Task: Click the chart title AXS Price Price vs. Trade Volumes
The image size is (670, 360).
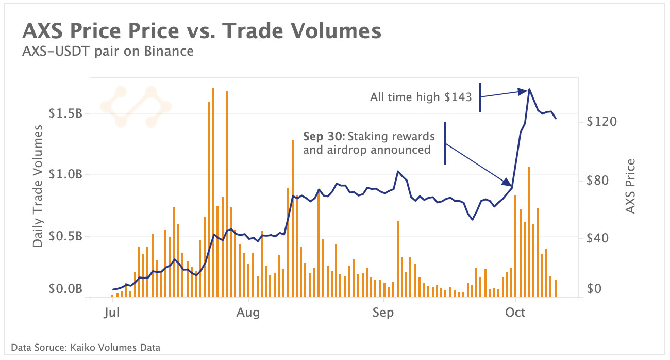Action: point(202,31)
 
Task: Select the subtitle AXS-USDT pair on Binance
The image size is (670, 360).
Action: point(108,51)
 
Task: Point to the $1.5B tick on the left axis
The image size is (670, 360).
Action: point(65,114)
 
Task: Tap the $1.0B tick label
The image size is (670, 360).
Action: point(65,175)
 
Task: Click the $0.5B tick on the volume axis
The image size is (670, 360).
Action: point(65,236)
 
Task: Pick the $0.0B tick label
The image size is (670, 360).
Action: point(65,289)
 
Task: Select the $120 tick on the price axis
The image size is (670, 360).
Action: point(601,122)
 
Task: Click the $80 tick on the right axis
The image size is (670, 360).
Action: point(599,181)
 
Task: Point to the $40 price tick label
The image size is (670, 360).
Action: point(599,238)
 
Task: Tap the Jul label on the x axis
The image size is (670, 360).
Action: point(112,313)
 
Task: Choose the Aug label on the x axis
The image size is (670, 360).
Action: point(249,313)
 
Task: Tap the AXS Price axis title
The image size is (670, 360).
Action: point(630,186)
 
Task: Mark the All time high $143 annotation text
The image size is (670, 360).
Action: point(421,97)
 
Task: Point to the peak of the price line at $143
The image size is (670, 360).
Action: point(529,89)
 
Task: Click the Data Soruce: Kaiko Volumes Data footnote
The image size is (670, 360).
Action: point(85,348)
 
